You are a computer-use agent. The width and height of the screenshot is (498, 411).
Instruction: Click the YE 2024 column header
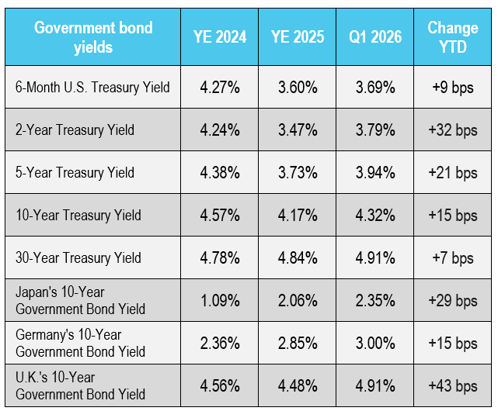coord(220,36)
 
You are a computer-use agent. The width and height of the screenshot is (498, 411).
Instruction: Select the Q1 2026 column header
coord(375,36)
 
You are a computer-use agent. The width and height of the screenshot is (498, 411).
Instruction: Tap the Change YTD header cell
coord(453,37)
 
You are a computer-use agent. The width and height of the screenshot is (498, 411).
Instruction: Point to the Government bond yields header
coord(93,37)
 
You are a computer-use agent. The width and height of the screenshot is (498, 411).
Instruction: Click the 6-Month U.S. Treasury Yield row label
coord(92,87)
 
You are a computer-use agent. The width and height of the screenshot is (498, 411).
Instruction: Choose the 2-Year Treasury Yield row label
coord(75,130)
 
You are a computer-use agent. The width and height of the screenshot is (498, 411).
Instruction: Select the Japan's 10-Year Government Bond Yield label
coord(80,300)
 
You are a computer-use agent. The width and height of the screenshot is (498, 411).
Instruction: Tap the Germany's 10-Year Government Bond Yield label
coord(80,343)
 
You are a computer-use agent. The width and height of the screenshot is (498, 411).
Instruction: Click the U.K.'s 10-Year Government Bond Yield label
coord(80,385)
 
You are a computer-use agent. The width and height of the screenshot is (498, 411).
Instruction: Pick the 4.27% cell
coord(220,87)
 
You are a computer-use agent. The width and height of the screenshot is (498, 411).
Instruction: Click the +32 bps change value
coord(453,130)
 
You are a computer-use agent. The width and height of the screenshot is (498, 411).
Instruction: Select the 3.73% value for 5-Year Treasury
coord(298,173)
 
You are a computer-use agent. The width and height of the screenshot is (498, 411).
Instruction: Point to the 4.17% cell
coord(298,216)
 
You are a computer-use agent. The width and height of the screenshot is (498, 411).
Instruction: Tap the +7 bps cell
coord(453,258)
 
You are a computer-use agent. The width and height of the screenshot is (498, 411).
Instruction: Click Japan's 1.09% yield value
coord(220,301)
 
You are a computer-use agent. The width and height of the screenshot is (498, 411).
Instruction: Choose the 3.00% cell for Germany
coord(375,343)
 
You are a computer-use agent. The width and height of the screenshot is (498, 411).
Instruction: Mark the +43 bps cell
coord(453,386)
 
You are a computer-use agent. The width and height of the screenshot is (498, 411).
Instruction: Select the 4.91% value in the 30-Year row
coord(375,257)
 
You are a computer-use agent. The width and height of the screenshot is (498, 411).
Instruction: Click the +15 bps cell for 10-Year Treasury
coord(453,216)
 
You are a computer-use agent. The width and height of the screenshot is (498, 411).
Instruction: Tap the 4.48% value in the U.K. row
coord(298,386)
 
